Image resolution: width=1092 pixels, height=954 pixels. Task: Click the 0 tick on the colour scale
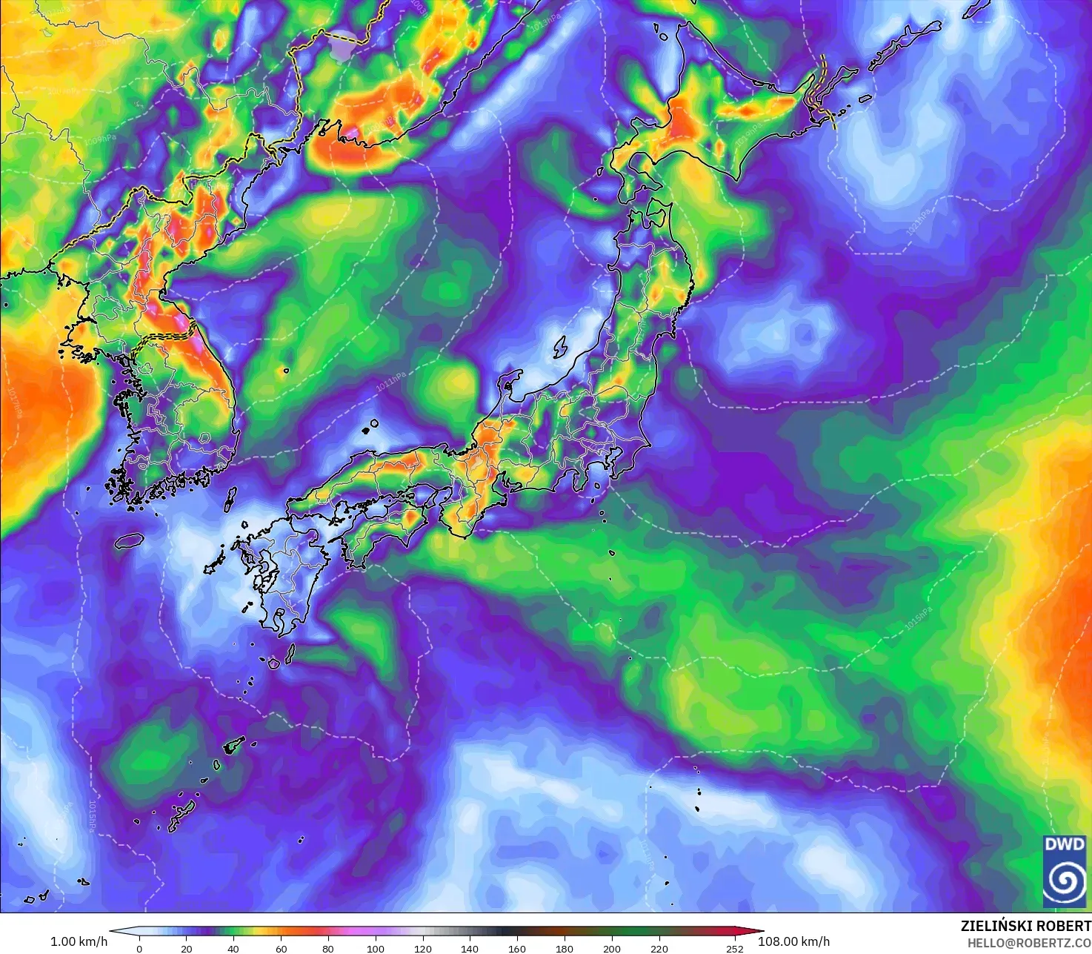139,948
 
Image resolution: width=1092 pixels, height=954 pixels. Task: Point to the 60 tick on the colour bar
281,948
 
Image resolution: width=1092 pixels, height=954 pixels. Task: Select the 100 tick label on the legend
376,948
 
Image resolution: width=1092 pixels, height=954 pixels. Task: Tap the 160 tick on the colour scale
517,948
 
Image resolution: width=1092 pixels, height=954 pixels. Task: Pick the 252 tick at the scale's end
734,948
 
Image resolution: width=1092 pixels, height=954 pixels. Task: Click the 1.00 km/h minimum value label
79,941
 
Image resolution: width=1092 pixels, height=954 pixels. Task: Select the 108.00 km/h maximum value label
793,941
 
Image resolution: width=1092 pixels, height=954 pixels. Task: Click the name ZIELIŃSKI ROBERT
1025,926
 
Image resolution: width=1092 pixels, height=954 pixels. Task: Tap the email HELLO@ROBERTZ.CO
1029,943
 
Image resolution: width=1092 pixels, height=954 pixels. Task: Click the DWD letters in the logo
1064,844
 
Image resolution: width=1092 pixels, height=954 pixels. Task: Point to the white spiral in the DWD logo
1065,880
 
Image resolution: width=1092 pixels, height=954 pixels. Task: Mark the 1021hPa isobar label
919,222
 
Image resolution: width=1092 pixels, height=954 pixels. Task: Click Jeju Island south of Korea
129,540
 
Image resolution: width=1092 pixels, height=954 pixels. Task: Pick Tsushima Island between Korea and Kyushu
230,498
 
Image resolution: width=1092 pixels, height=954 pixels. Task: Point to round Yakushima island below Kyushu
273,663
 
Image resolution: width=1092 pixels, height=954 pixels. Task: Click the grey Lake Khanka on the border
343,48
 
